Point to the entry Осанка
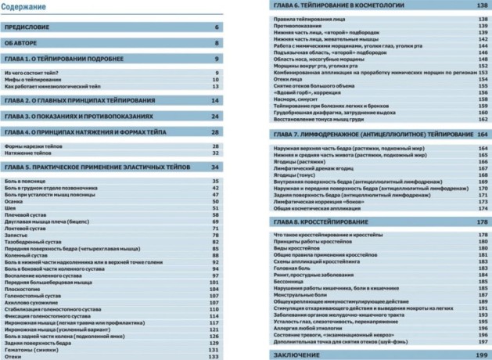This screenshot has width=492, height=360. pyautogui.click(x=13, y=200)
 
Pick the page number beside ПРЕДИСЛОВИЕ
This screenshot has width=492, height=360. pyautogui.click(x=217, y=27)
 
